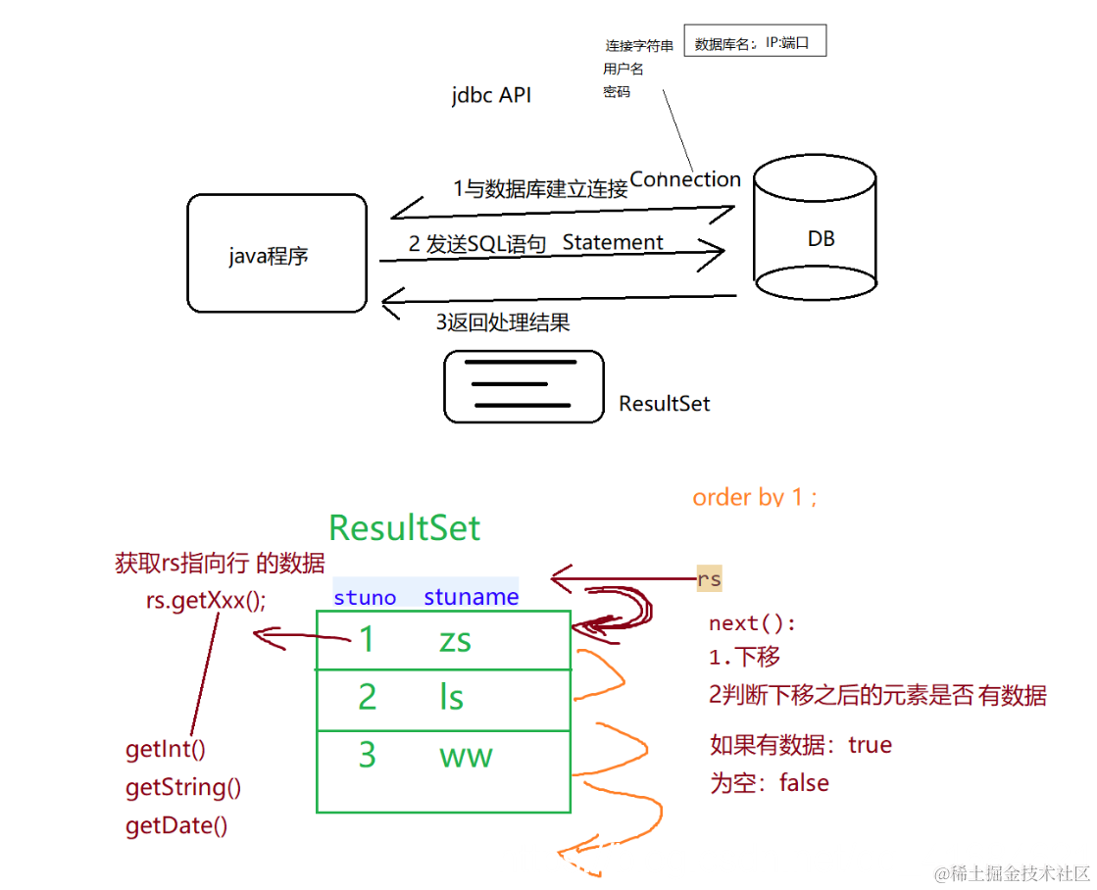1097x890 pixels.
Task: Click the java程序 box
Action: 276,254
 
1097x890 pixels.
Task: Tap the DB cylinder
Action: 814,227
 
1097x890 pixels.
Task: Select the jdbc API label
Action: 491,95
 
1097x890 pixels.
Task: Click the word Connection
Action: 685,179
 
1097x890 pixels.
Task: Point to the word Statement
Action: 613,242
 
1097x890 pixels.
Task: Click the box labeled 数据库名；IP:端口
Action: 754,43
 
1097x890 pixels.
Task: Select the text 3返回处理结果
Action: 503,321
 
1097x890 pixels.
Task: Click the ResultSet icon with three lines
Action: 524,387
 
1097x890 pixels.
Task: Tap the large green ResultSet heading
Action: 404,527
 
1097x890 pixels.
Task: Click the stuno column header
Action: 365,597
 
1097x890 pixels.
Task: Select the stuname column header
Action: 471,597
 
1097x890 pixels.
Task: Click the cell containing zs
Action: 455,640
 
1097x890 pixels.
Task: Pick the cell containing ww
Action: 466,755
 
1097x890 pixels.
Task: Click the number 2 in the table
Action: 367,697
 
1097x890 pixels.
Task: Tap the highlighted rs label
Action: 709,579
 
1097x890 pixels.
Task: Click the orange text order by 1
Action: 754,497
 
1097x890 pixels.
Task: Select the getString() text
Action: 183,787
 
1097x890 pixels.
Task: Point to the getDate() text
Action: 176,825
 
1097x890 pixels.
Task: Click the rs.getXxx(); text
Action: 206,601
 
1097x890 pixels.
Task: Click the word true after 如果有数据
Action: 870,745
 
